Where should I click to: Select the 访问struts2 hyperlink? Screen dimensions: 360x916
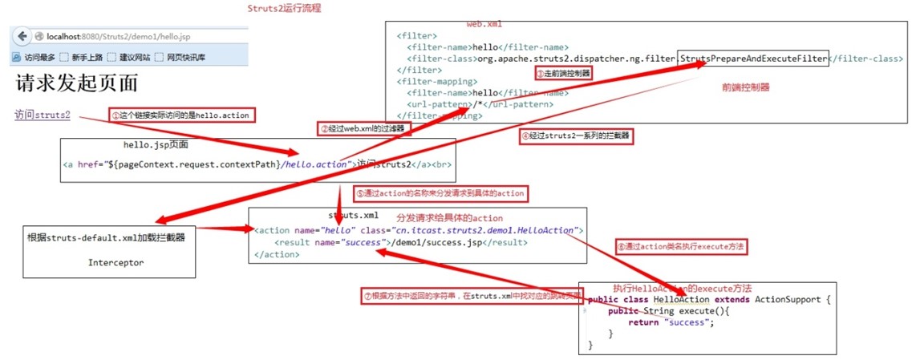tap(43, 115)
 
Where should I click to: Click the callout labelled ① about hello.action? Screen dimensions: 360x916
tap(181, 115)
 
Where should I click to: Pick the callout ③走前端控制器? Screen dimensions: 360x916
tap(562, 73)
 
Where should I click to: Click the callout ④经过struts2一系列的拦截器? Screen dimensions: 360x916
tap(575, 136)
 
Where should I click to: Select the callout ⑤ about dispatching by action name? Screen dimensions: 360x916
tap(440, 193)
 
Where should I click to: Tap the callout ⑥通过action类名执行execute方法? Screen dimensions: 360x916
tap(681, 247)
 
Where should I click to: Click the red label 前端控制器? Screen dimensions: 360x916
tap(746, 87)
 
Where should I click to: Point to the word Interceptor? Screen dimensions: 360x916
tap(116, 262)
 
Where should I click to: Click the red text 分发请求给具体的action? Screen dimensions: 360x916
tap(449, 218)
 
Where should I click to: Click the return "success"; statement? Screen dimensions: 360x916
tap(670, 322)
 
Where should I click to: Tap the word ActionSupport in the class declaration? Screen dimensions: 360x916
tap(788, 299)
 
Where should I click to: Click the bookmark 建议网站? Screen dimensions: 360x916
tap(135, 58)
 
